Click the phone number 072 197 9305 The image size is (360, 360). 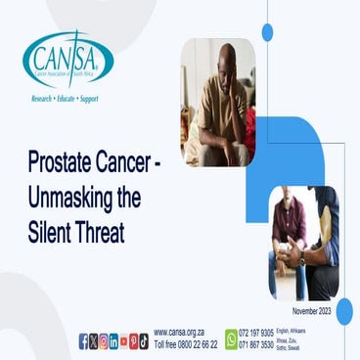[x=256, y=333]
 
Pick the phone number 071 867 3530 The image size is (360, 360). [x=256, y=345]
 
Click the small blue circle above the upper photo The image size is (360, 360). [x=267, y=32]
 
